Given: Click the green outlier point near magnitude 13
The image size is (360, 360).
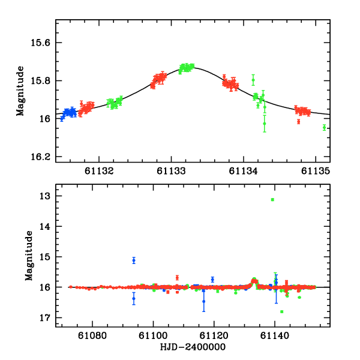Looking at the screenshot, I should pos(272,200).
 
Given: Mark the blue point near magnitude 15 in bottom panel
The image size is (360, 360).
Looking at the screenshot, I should pos(134,260).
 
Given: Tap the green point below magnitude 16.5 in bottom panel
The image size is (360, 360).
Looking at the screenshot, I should pos(281,311).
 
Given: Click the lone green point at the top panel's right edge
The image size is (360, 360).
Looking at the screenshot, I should pos(324,127).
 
